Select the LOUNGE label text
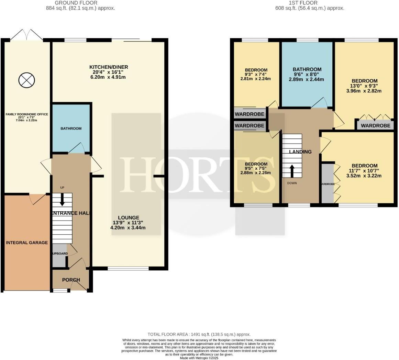tap(129, 217)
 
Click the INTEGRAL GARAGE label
tap(27, 243)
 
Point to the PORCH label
tap(71, 280)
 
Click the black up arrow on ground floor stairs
tap(62, 200)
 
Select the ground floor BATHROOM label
tap(71, 128)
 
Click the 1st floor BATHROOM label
tap(307, 69)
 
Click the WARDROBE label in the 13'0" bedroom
tap(376, 126)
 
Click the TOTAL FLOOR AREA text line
tap(199, 334)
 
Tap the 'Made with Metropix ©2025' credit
tap(199, 358)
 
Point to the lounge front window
tap(128, 268)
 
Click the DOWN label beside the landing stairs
tap(292, 183)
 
